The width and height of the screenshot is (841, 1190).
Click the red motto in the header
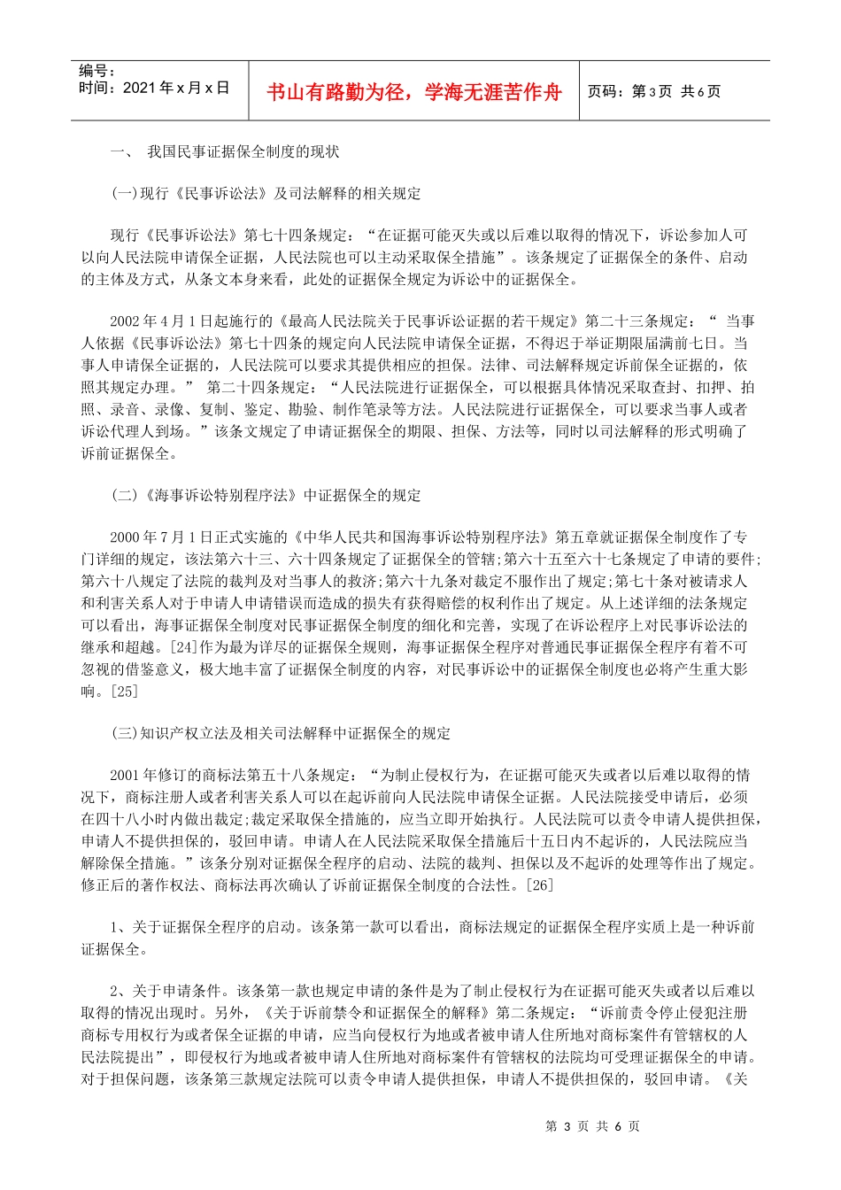tap(414, 92)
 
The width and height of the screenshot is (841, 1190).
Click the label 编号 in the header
tap(96, 71)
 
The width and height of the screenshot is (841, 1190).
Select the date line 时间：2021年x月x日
tap(154, 88)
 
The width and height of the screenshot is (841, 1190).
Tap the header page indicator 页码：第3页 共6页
tap(654, 91)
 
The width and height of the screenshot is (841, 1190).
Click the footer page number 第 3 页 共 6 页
tap(592, 1126)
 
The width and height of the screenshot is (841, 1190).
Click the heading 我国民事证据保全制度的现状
tap(243, 151)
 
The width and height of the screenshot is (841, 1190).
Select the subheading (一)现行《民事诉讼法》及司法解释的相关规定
tap(266, 193)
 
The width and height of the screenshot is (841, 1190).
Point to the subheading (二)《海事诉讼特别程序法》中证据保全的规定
tap(266, 495)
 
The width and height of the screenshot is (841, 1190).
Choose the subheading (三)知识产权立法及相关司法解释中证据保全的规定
tap(281, 733)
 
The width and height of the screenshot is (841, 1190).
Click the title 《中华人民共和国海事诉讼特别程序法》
tap(425, 537)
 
